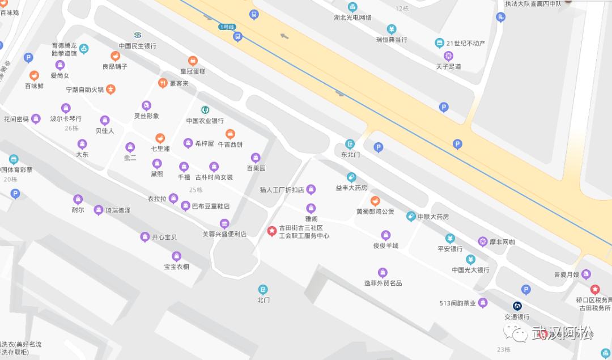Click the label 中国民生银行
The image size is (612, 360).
[x=138, y=46]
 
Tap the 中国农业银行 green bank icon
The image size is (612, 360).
[x=205, y=109]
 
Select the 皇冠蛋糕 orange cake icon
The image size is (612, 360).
[x=193, y=61]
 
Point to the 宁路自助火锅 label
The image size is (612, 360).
[x=85, y=90]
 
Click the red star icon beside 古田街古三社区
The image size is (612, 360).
[x=271, y=230]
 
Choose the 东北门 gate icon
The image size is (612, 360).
[x=350, y=144]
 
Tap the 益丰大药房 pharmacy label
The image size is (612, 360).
[x=351, y=188]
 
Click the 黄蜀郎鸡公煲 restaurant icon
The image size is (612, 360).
[x=375, y=201]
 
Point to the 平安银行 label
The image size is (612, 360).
[x=450, y=249]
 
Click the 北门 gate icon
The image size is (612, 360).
[x=263, y=289]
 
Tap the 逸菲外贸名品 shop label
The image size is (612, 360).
[x=382, y=283]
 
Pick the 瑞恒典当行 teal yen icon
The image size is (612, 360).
[x=392, y=29]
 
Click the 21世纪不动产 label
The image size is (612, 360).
[x=466, y=43]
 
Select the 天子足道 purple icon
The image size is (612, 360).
[x=448, y=56]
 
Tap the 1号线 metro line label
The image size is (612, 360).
[x=227, y=27]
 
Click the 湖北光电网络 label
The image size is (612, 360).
[x=352, y=18]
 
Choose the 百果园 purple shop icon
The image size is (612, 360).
[x=256, y=158]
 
